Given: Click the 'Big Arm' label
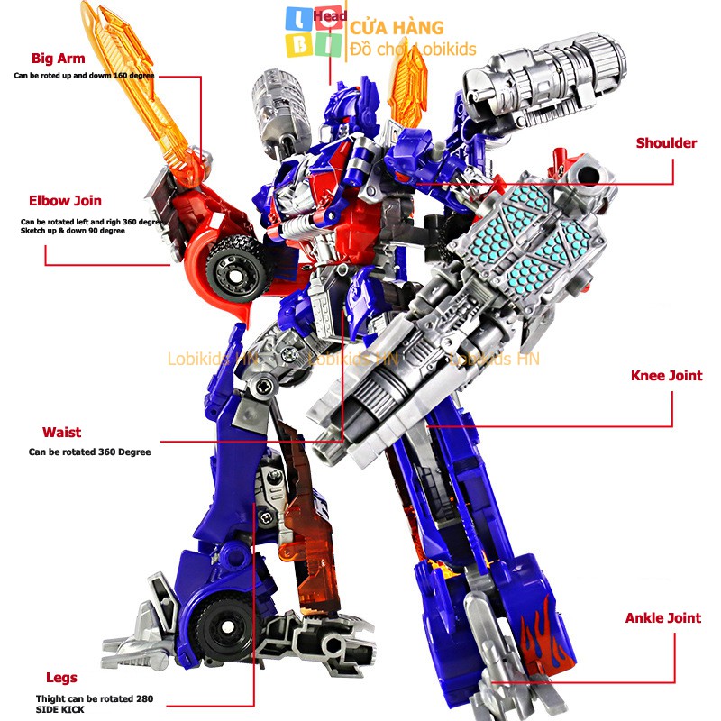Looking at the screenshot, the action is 58,59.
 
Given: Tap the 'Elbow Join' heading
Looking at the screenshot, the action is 65,201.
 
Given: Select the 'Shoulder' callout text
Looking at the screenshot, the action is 666,143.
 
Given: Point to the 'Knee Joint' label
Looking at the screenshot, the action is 666,376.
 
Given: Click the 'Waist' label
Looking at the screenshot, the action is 61,433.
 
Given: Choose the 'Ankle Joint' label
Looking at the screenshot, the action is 663,618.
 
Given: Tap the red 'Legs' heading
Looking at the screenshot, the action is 61,678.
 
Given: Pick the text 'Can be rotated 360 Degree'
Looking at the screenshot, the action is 89,452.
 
